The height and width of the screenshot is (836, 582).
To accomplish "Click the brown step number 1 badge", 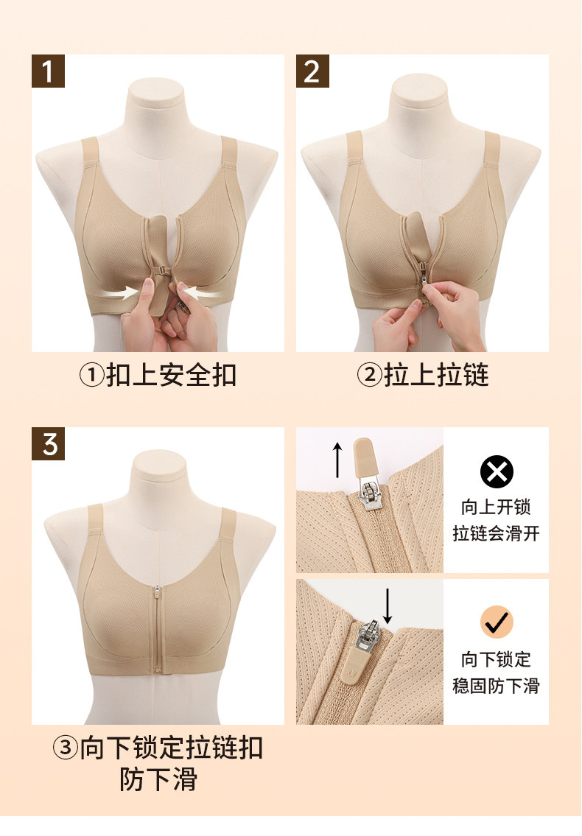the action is (48, 71).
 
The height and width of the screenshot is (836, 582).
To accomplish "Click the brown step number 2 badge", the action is (312, 71).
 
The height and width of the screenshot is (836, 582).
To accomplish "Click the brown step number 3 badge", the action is (48, 443).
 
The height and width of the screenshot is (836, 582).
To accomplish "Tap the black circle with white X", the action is (497, 472).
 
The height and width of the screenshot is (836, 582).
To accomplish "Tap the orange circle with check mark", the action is (497, 622).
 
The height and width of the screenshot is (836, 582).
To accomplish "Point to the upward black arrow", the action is (337, 460).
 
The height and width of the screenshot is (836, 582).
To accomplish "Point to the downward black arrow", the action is (388, 606).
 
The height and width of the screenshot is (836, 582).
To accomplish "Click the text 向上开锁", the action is (496, 507).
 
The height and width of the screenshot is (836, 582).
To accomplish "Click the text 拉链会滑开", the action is (496, 533).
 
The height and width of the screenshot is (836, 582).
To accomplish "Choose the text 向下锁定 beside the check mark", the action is (496, 659).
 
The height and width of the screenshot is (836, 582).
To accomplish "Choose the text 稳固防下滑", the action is (496, 686).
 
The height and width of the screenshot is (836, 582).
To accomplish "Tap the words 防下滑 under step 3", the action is (158, 779).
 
